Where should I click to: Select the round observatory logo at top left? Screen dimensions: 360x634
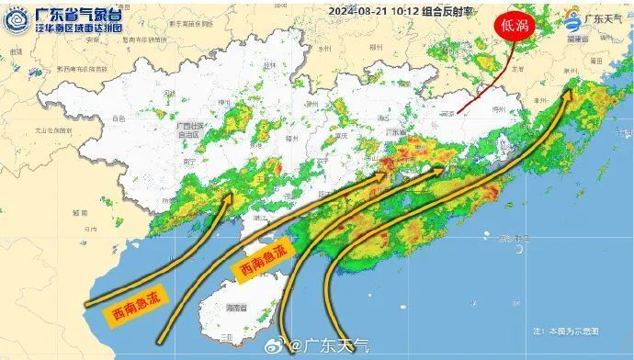(17, 20)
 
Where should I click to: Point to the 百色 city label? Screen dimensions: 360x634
(119, 119)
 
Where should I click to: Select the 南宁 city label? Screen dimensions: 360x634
(189, 161)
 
